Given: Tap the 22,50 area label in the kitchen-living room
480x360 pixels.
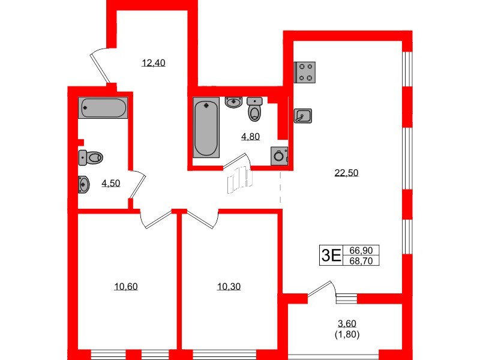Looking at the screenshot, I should (x=346, y=173).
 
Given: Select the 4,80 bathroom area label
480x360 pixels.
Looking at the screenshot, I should (x=250, y=136).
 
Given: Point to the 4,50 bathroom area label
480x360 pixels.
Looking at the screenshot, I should (x=110, y=184).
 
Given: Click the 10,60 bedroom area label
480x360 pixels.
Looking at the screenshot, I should (x=126, y=286).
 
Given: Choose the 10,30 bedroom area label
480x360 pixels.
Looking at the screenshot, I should (x=229, y=286).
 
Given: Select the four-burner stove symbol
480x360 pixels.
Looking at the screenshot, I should (x=305, y=72).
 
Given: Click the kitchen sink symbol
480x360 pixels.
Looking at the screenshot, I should (x=303, y=116).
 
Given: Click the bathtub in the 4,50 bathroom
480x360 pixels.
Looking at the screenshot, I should (x=103, y=108).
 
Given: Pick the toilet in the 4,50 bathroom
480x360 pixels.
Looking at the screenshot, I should (x=91, y=157).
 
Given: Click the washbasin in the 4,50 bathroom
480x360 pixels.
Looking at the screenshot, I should (x=85, y=184).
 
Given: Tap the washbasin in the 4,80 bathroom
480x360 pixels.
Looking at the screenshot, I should (x=233, y=101).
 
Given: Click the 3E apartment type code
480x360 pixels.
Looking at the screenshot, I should (x=331, y=256).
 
